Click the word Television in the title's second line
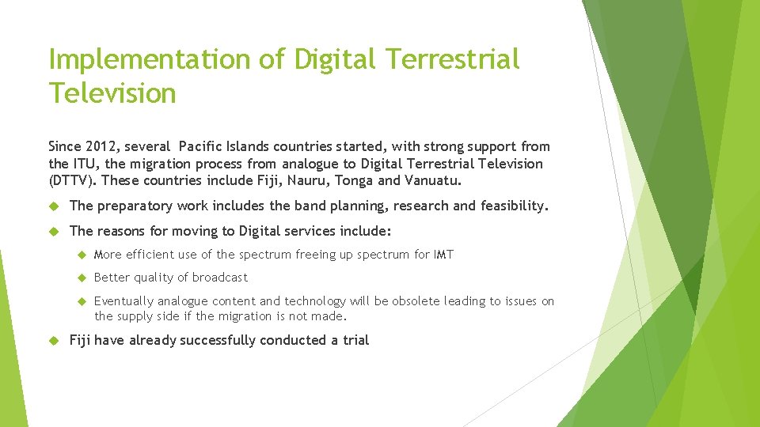pos(112,93)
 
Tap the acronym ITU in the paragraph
pos(83,164)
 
